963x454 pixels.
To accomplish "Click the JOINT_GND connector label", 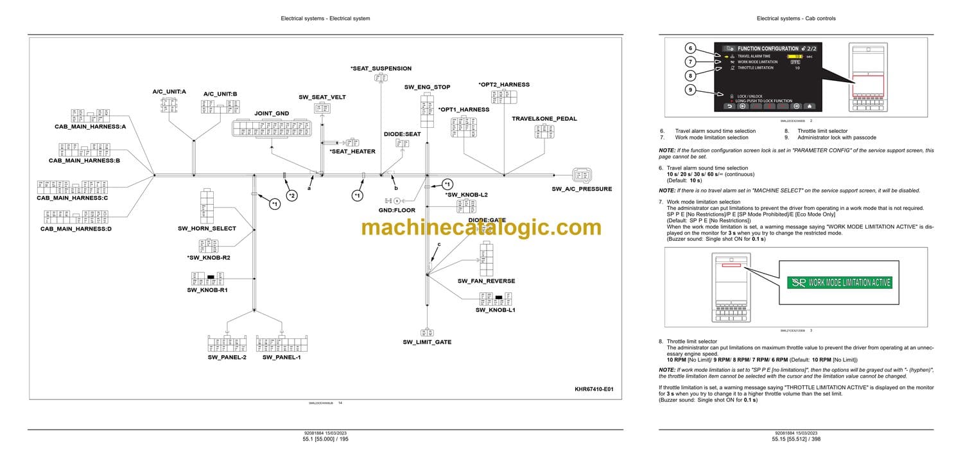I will (272, 113).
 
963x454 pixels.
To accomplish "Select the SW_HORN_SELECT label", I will (207, 229).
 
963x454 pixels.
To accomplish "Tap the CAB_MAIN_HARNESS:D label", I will (76, 229).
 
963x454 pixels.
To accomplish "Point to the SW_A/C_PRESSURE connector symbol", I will (582, 175).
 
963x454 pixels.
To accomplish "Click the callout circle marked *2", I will (291, 195).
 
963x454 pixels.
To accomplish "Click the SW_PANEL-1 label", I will (281, 357).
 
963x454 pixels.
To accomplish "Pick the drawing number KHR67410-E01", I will (594, 389).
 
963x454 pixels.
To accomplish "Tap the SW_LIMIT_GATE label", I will (427, 342).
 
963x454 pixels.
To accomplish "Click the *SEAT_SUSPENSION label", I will (381, 68).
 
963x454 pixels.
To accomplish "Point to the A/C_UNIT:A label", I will (169, 92).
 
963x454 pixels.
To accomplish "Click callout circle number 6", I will (690, 48).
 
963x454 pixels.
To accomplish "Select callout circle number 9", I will (690, 90).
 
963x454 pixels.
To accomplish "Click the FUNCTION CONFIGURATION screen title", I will (767, 48).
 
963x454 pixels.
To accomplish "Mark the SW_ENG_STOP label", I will (427, 87).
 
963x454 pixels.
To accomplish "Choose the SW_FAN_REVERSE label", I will (486, 281).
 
